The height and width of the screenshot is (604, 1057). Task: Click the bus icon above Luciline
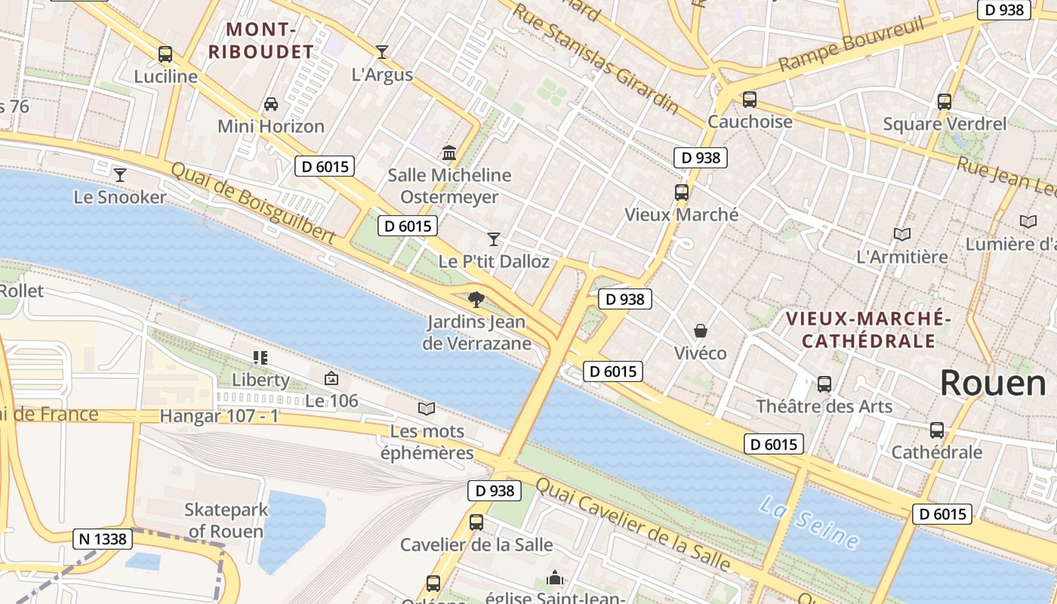tap(165, 54)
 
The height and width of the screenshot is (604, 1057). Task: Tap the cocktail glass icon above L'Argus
tap(382, 52)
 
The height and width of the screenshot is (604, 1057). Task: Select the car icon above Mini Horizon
tap(271, 104)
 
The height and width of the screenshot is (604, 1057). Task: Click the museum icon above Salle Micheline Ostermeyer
tap(449, 153)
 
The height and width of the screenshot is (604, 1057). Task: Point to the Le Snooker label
tap(120, 197)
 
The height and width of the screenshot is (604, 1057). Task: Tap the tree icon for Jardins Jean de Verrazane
tap(476, 300)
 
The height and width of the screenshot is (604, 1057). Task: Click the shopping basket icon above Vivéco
tap(701, 331)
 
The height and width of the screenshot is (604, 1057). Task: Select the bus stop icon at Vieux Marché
tap(682, 193)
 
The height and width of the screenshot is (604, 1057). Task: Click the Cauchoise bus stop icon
tap(750, 100)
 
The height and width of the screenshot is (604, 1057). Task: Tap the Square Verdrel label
tap(945, 124)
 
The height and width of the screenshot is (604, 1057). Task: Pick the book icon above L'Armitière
tap(902, 234)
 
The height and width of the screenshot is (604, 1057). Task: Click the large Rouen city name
tap(993, 383)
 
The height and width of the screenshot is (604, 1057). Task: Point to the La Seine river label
tap(809, 522)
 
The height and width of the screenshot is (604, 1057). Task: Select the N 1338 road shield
tap(103, 539)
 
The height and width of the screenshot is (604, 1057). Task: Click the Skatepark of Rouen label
tap(226, 520)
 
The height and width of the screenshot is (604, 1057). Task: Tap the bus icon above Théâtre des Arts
tap(824, 384)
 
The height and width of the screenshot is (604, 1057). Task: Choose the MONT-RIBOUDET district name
tap(260, 41)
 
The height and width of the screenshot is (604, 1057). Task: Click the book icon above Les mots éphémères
tap(427, 408)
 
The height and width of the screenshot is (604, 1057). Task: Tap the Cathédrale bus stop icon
tap(937, 430)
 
